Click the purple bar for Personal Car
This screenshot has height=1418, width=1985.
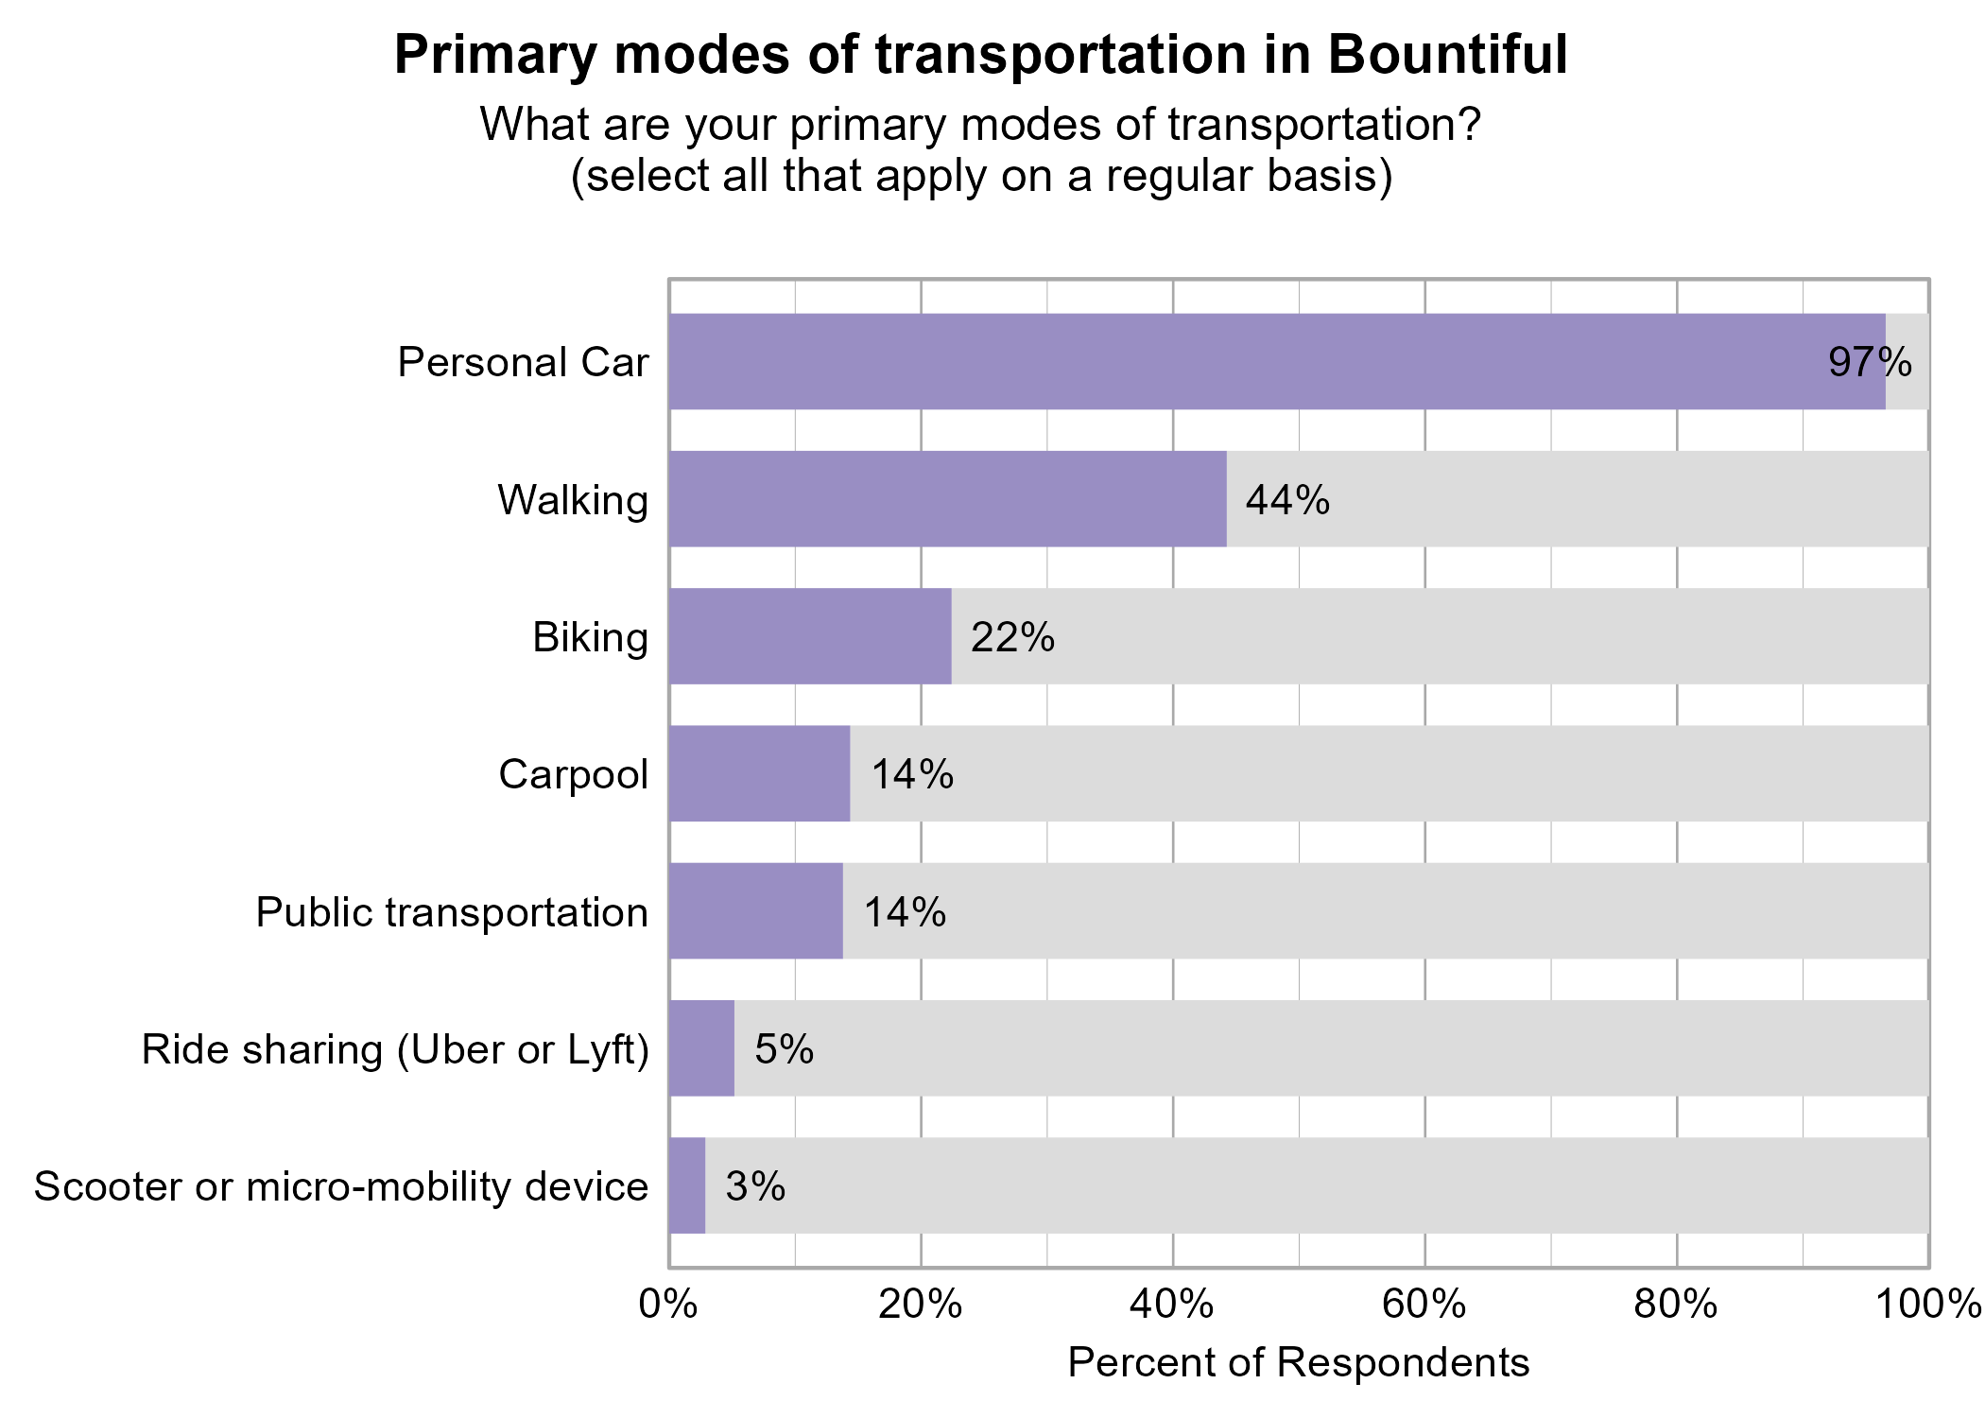point(1276,362)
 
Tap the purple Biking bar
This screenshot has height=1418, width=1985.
point(809,636)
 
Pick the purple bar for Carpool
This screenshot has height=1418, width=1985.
point(759,773)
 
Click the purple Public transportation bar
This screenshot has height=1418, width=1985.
point(755,911)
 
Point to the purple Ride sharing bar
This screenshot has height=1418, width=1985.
point(701,1048)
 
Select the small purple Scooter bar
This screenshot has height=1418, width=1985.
point(687,1185)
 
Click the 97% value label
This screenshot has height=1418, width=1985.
point(1869,363)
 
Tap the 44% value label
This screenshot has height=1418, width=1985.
point(1287,500)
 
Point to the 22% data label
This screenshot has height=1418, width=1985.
point(1012,637)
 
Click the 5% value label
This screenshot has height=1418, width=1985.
point(785,1049)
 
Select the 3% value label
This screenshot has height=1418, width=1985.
point(755,1186)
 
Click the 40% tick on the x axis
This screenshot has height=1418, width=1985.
point(1172,1305)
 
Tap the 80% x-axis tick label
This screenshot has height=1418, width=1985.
point(1676,1305)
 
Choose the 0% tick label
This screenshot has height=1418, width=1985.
point(668,1305)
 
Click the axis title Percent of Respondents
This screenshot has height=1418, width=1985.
point(1298,1363)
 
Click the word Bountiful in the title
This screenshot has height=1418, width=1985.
point(1447,55)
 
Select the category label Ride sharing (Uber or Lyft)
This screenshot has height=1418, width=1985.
point(395,1049)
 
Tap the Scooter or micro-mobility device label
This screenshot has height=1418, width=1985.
point(341,1186)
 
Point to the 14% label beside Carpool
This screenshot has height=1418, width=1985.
point(912,774)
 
